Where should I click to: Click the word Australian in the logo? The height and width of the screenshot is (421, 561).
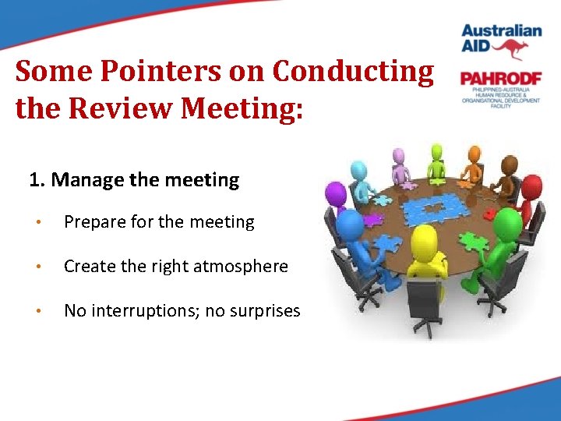pos(501,31)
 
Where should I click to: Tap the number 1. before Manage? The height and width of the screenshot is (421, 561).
pos(37,180)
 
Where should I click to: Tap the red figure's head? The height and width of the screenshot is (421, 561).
pos(531,186)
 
